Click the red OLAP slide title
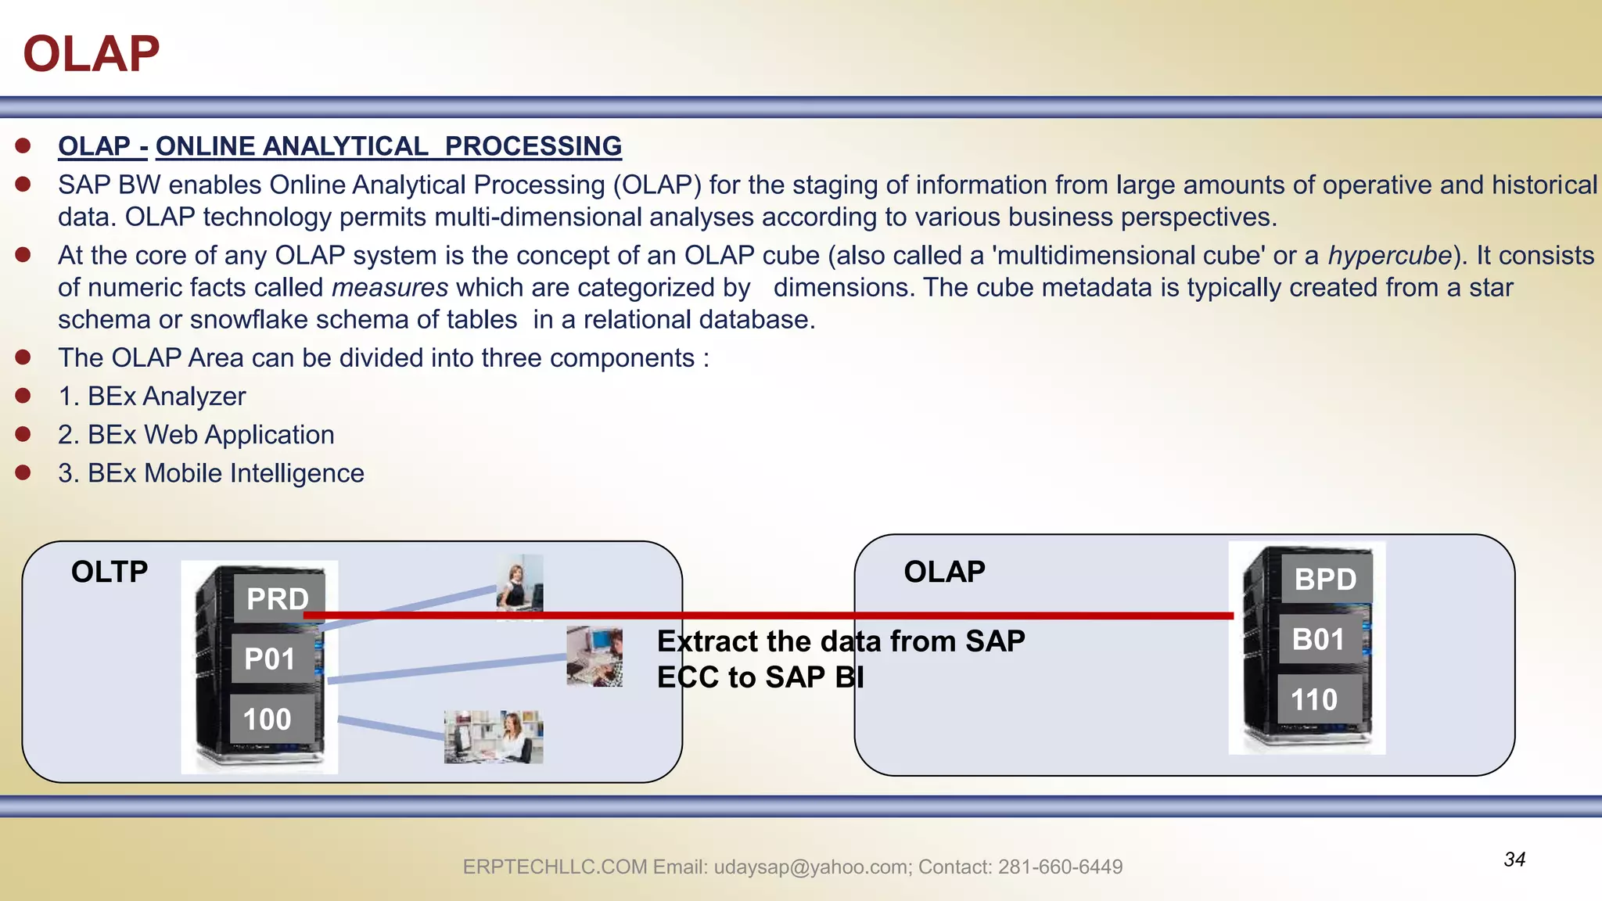[x=92, y=54]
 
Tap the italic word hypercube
[x=1389, y=256]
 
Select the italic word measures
[x=390, y=288]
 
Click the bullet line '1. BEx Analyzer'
[x=152, y=397]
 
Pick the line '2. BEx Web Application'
[x=196, y=435]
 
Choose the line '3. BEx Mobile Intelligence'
[x=210, y=473]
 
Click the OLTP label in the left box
[x=110, y=572]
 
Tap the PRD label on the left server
[x=278, y=599]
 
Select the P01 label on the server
[x=270, y=659]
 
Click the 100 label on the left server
[x=268, y=720]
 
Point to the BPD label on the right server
[x=1325, y=580]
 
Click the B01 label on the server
[x=1318, y=640]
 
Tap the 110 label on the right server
[x=1314, y=700]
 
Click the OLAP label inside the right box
[x=944, y=572]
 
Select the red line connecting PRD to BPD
[x=782, y=616]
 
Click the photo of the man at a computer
[x=594, y=657]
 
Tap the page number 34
[x=1514, y=860]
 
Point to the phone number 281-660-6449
[x=1060, y=867]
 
